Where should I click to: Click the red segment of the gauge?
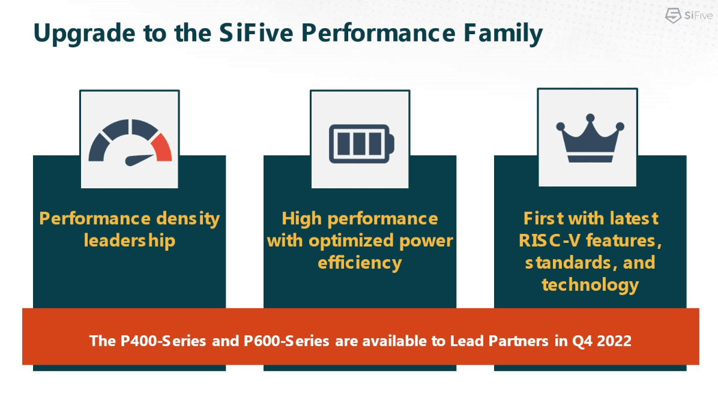(x=162, y=148)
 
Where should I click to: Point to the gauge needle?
(x=140, y=160)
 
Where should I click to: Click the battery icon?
(x=361, y=143)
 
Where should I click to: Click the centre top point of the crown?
(x=591, y=118)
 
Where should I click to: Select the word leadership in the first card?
(x=130, y=240)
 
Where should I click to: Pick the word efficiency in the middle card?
(x=360, y=262)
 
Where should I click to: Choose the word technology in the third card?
(x=590, y=284)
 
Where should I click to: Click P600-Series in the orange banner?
(x=287, y=341)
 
